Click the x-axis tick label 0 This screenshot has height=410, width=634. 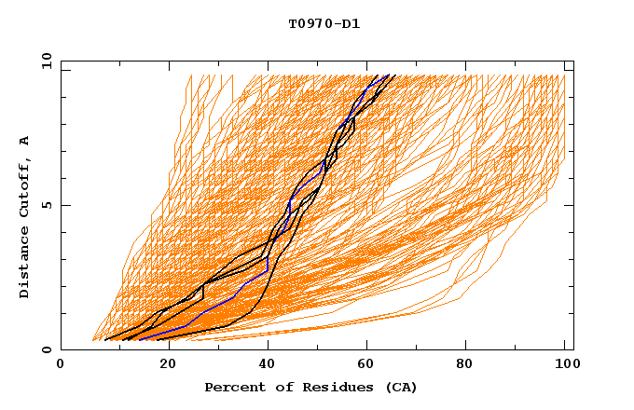pos(61,365)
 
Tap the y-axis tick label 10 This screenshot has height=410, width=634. pos(45,61)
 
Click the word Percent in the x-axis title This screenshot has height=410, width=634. pos(231,388)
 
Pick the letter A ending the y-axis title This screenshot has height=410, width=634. pos(24,141)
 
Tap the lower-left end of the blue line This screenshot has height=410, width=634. pos(141,338)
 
